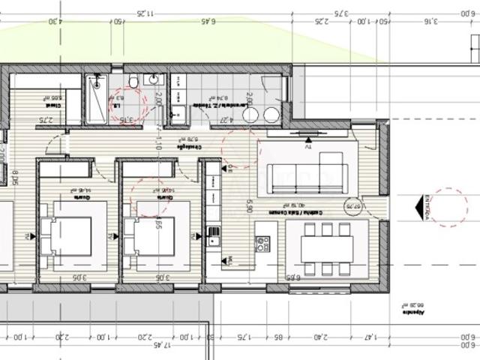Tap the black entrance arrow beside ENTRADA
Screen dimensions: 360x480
coord(414,204)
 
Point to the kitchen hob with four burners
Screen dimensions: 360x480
coord(263,244)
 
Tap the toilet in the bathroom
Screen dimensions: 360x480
coord(132,81)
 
